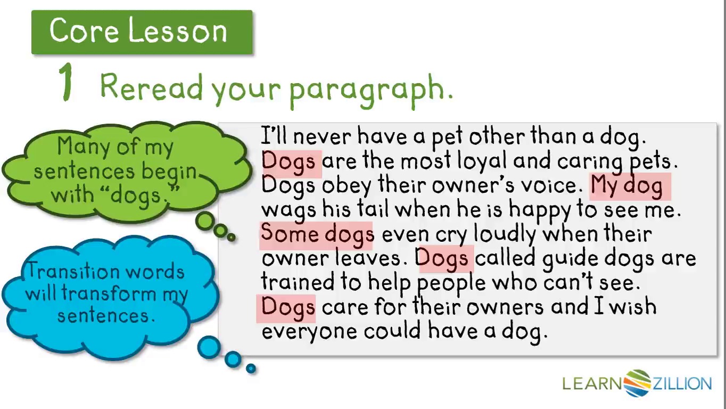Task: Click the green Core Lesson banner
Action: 142,32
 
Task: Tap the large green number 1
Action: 67,83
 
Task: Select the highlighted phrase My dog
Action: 630,186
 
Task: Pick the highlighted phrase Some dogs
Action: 316,235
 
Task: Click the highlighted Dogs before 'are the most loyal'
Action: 291,163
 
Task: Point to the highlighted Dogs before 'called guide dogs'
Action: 444,259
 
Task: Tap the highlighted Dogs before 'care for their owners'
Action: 286,308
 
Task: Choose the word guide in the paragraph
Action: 571,260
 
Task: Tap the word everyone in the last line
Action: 310,333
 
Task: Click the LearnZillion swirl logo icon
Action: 638,383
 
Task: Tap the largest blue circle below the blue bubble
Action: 209,347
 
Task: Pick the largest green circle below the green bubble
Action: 205,222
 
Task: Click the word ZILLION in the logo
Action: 682,383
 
